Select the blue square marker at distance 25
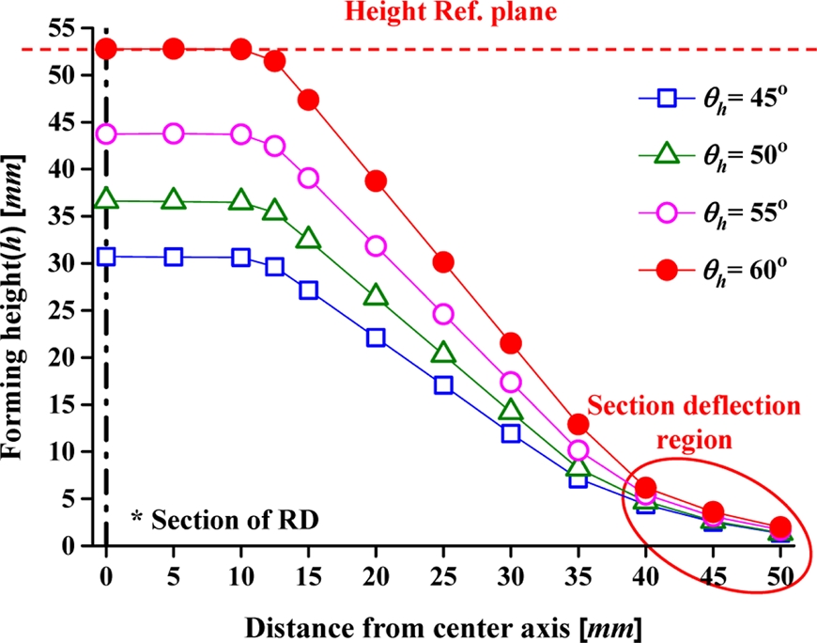pos(443,384)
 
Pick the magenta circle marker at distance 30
pos(511,382)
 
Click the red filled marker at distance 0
pos(106,49)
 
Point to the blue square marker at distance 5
pos(174,258)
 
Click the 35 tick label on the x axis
pos(578,575)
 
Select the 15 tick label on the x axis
pos(308,575)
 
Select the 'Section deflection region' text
pos(694,423)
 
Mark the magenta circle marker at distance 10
pos(241,133)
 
